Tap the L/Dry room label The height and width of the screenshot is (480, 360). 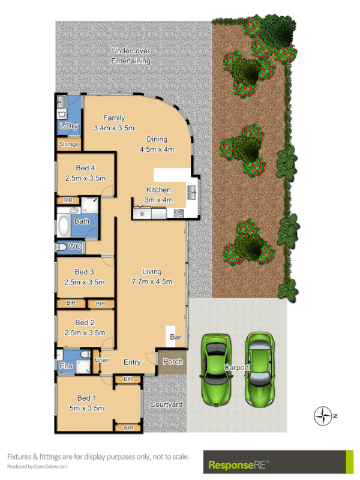click(x=68, y=126)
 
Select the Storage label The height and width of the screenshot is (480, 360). click(x=68, y=145)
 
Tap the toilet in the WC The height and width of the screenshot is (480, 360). click(x=62, y=247)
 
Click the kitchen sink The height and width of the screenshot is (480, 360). click(x=192, y=192)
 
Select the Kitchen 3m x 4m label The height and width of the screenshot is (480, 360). click(x=159, y=195)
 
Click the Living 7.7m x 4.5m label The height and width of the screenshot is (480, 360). click(x=153, y=277)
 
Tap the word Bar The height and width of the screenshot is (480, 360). click(x=176, y=337)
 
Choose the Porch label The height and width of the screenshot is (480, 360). click(x=172, y=362)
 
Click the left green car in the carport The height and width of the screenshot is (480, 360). click(x=215, y=368)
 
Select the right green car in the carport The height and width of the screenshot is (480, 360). click(x=259, y=368)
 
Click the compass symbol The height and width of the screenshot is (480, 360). click(x=324, y=415)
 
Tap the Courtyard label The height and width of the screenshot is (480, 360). click(x=166, y=405)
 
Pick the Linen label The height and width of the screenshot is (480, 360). click(x=102, y=360)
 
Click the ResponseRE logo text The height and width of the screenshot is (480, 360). click(x=238, y=464)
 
